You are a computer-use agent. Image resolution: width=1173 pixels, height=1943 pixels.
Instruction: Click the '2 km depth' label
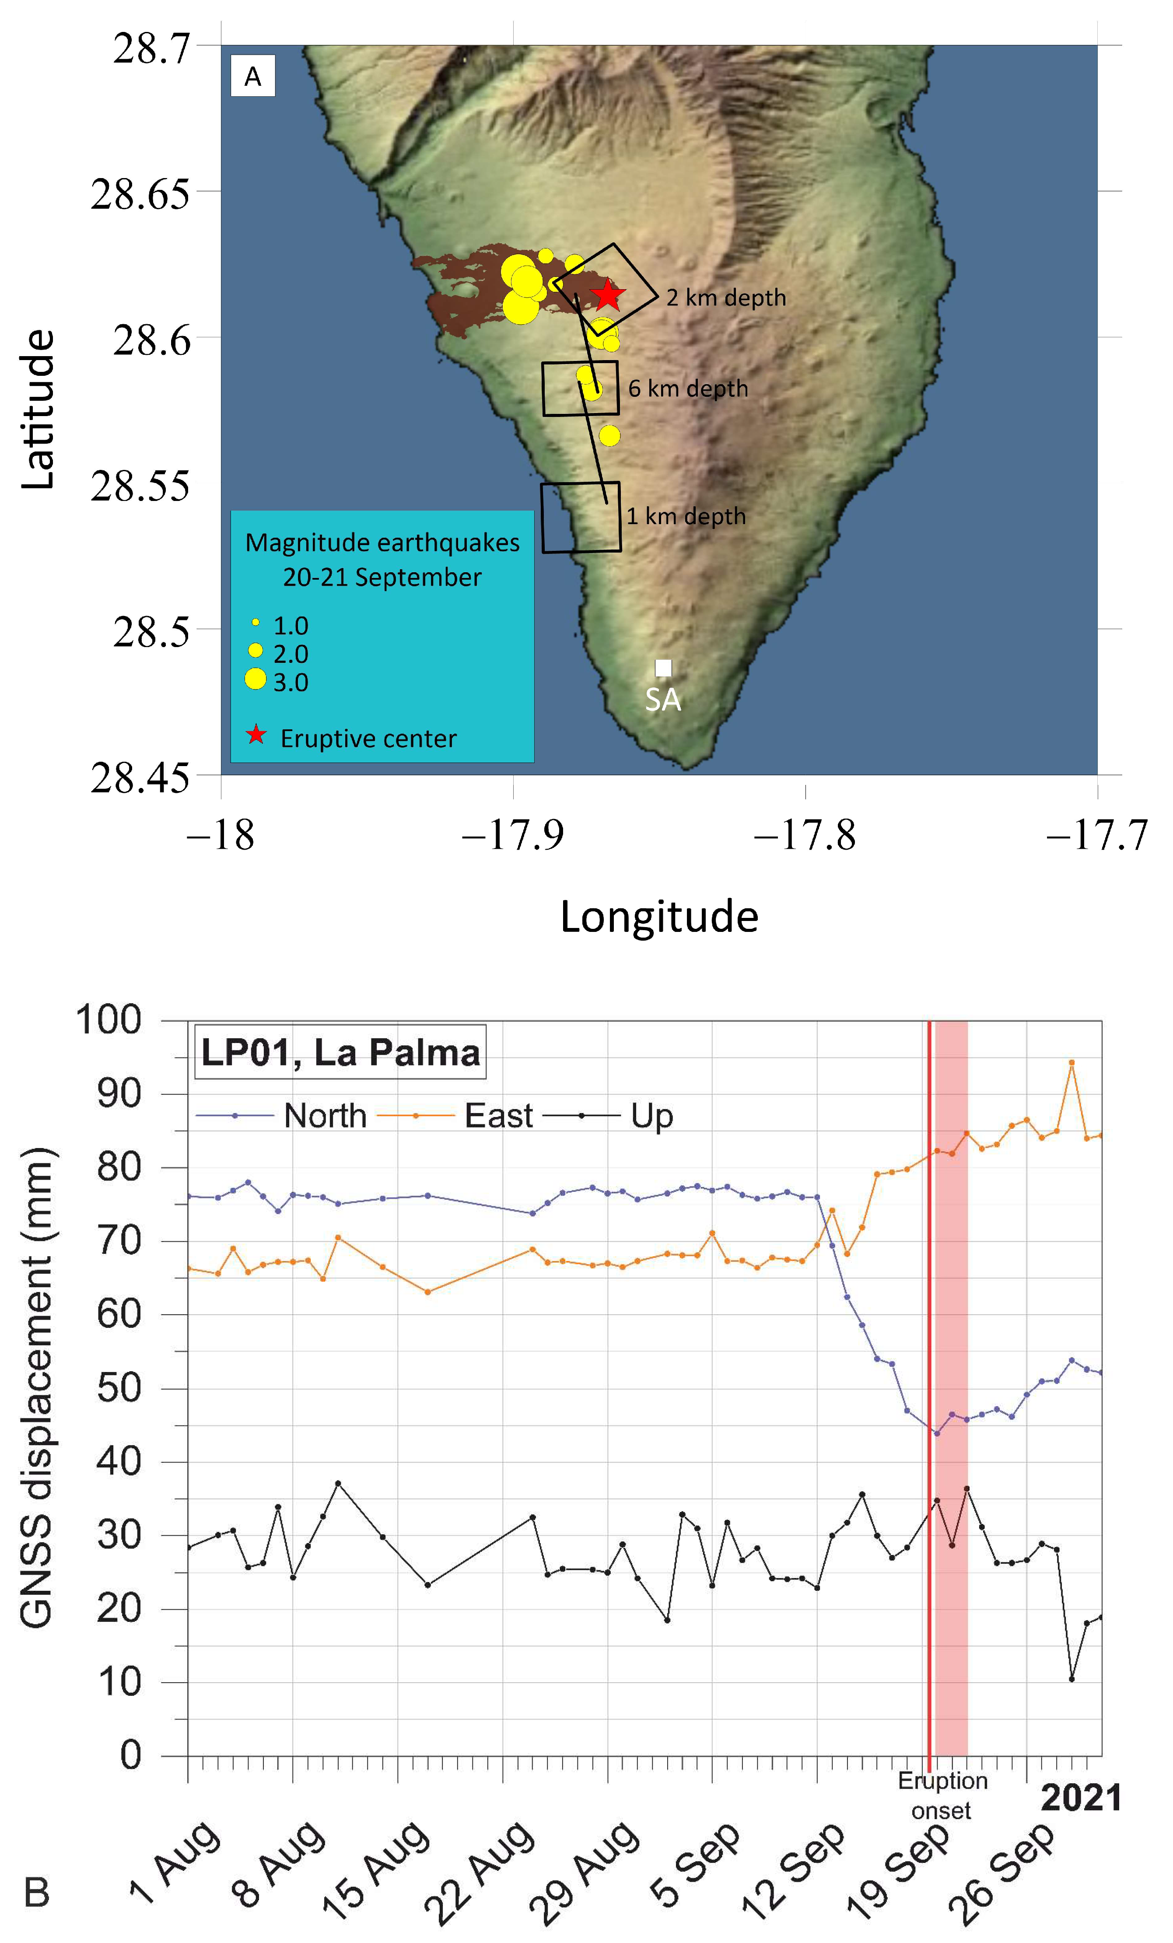726,298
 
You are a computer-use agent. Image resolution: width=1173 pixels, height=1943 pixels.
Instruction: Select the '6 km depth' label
688,389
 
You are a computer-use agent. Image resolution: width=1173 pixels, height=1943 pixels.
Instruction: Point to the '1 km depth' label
686,517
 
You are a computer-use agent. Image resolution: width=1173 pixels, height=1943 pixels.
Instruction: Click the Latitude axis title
38,410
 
